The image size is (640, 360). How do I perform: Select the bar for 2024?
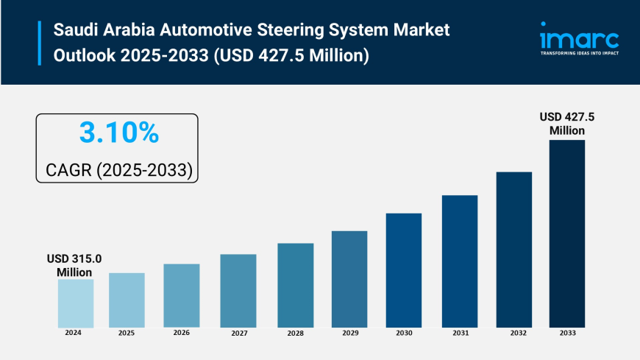(76, 303)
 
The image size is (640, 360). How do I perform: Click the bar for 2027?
(238, 291)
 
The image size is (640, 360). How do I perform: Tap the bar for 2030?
(404, 270)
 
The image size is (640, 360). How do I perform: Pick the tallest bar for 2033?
(566, 233)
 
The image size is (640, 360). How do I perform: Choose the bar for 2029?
(349, 279)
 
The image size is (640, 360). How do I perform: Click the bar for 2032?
(513, 250)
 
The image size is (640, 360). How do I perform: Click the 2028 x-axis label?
(295, 333)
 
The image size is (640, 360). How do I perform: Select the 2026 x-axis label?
(182, 333)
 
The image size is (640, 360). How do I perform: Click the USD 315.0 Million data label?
(74, 266)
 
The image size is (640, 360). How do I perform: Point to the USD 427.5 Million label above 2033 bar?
(567, 124)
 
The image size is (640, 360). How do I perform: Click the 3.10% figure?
(118, 133)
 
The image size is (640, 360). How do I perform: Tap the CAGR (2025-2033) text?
(118, 170)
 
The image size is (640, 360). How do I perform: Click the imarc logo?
(579, 36)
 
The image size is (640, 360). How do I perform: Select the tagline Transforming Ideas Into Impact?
(579, 54)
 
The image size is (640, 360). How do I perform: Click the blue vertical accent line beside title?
(40, 43)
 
